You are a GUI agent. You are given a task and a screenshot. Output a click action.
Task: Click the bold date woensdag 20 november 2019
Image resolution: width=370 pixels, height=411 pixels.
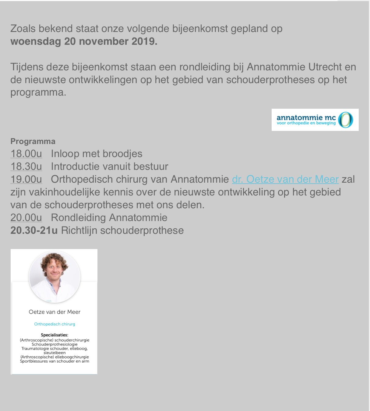point(84,41)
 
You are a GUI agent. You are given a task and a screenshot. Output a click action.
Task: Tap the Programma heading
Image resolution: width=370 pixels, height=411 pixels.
point(33,141)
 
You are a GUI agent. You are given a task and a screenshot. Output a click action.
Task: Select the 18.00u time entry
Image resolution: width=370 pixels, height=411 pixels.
point(26,154)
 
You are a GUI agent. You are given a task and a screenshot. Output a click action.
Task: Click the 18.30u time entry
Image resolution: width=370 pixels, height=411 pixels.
point(26,167)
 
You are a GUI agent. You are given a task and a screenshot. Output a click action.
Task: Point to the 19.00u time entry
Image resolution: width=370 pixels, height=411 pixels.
point(26,179)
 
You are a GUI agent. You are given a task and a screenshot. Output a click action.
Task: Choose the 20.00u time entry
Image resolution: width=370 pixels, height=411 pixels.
point(26,218)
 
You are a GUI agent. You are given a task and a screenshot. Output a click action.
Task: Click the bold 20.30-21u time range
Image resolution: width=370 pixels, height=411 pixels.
point(34,230)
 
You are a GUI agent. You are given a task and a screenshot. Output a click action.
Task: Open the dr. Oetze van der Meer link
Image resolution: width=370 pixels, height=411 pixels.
point(285,179)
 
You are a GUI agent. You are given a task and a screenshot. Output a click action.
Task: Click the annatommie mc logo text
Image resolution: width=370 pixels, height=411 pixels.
point(306,118)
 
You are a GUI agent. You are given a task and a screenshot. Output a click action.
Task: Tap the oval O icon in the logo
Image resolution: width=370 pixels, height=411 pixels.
point(346,120)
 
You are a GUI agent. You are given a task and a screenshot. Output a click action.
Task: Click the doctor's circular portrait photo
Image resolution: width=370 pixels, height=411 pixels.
point(55,277)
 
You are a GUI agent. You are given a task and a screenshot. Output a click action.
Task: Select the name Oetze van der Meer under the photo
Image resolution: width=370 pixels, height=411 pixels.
point(55,312)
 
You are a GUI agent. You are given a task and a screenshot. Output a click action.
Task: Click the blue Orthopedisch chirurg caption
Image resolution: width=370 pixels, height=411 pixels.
point(55,324)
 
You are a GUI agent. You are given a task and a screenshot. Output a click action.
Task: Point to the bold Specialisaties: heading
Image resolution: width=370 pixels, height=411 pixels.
point(55,335)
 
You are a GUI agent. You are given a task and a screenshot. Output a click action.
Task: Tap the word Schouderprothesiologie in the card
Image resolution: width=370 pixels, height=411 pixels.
point(55,344)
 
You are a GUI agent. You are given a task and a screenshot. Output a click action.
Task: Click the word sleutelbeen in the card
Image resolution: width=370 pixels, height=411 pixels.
point(55,353)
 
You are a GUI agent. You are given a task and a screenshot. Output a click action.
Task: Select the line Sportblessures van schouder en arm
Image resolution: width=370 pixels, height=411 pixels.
point(55,361)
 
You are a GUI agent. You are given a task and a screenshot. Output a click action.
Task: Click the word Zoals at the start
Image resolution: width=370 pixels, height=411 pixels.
point(23,29)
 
